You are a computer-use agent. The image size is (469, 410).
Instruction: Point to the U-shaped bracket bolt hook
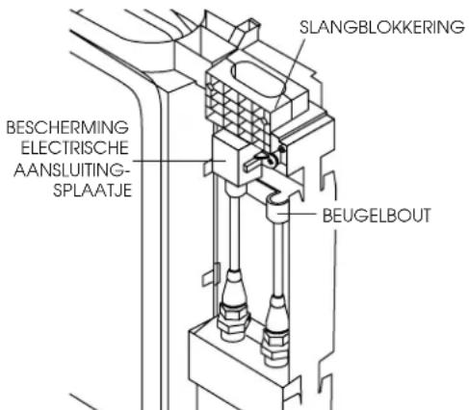click(x=273, y=204)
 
